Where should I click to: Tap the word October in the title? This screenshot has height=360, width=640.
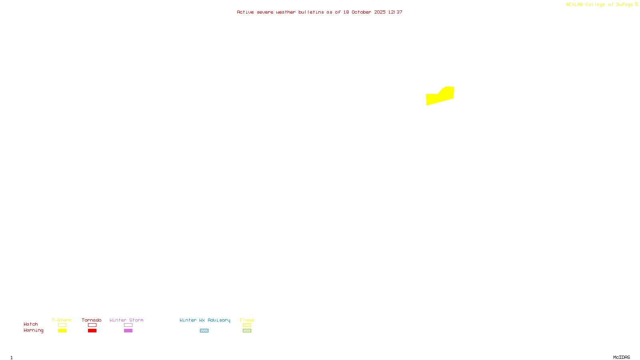[361, 12]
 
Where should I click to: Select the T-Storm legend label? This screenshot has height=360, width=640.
[62, 320]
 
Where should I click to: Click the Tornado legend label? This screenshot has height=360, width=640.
[92, 320]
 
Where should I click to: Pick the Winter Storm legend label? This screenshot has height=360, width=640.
[126, 320]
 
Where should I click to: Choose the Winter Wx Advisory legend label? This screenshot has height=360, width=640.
[205, 320]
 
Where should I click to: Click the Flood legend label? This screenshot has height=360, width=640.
[247, 320]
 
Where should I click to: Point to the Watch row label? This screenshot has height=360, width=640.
[31, 324]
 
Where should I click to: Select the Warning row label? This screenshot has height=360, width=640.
[33, 330]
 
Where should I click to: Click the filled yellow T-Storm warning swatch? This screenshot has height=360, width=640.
[62, 331]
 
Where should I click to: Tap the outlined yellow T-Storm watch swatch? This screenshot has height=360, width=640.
[62, 325]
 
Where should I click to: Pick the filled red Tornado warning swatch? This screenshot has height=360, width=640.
[92, 331]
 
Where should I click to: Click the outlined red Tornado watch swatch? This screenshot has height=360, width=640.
[92, 325]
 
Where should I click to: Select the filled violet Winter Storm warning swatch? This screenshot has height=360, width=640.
[128, 331]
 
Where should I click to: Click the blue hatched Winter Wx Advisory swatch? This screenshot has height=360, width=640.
[204, 331]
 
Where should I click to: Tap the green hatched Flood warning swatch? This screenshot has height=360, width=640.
[247, 331]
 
